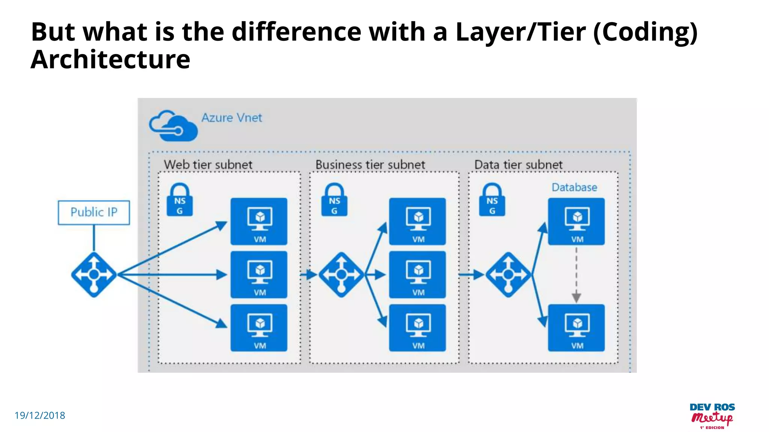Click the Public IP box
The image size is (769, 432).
point(94,212)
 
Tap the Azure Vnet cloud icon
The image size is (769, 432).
point(173,126)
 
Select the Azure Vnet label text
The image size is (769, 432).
point(232,118)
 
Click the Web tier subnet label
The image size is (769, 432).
point(208,165)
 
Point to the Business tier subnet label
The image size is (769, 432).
point(370,165)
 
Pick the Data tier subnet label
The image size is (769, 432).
point(518,165)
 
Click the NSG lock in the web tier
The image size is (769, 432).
point(180,200)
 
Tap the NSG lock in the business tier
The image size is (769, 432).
point(334,200)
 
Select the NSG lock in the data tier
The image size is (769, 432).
point(492,200)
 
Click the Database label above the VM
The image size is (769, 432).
point(574,187)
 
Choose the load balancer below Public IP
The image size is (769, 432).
point(94,275)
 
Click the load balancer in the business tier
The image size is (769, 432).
point(341,275)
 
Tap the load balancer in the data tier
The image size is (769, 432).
point(508,275)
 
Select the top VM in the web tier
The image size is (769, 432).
point(259,222)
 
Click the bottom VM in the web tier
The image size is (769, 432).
point(259,328)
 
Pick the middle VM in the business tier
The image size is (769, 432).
point(418,275)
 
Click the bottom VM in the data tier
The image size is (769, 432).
point(576,328)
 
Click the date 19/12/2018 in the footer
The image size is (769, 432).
point(40,415)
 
